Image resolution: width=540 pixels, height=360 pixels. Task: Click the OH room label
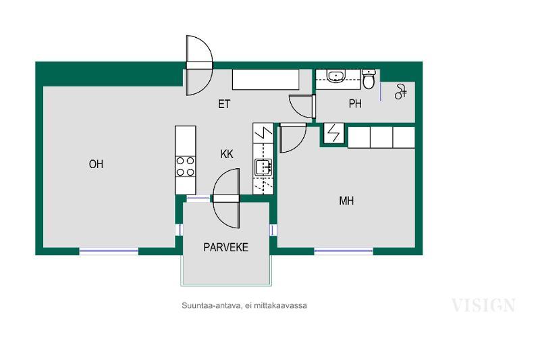click(96, 164)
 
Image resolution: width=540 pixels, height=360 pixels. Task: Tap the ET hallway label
click(224, 104)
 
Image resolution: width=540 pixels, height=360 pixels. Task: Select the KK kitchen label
click(227, 154)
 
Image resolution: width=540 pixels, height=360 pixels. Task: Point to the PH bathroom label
click(355, 104)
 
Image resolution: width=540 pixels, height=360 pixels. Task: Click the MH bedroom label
click(346, 201)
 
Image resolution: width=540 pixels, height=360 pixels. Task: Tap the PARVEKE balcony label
click(225, 247)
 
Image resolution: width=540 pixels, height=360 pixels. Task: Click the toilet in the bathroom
click(369, 79)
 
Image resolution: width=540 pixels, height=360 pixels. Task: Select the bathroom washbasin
click(336, 76)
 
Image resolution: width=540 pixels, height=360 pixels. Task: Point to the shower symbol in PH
click(400, 91)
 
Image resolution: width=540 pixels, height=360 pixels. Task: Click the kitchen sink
click(263, 168)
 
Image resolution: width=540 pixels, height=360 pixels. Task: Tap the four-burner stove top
click(185, 166)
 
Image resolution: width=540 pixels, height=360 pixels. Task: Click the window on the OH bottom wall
click(109, 251)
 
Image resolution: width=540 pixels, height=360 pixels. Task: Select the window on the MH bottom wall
click(344, 251)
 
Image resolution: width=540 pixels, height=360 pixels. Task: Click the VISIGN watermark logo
click(483, 305)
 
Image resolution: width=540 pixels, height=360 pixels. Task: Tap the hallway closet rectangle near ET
click(265, 80)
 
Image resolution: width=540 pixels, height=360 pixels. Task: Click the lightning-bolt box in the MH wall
click(333, 133)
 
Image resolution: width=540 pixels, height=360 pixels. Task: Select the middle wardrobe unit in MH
click(381, 138)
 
